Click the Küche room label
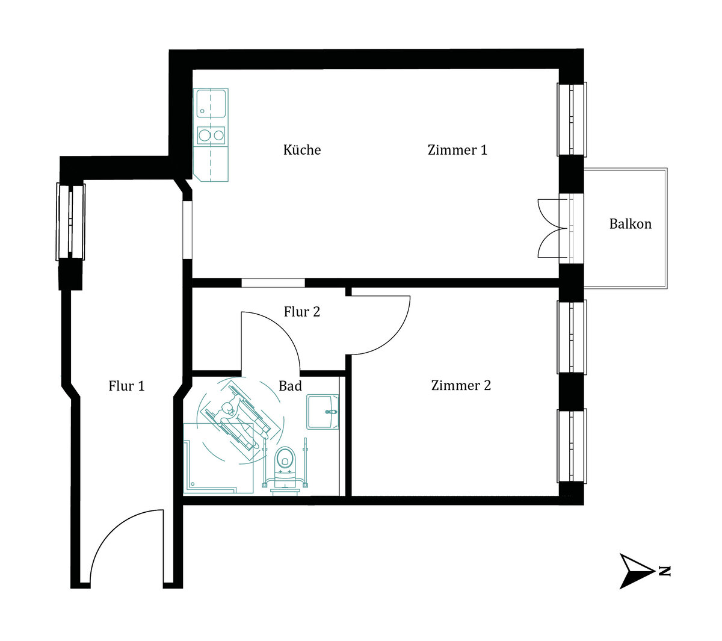pyautogui.click(x=302, y=150)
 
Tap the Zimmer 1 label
pyautogui.click(x=457, y=150)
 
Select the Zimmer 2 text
pyautogui.click(x=461, y=385)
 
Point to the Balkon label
pyautogui.click(x=630, y=224)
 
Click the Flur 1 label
pyautogui.click(x=126, y=386)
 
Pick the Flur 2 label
pyautogui.click(x=302, y=312)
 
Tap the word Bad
pyautogui.click(x=290, y=386)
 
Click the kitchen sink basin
pyautogui.click(x=211, y=103)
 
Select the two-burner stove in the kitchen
pyautogui.click(x=211, y=135)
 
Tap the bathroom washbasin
pyautogui.click(x=322, y=412)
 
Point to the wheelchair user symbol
pyautogui.click(x=241, y=421)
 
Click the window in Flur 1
pyautogui.click(x=70, y=221)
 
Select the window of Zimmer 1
pyautogui.click(x=572, y=119)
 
